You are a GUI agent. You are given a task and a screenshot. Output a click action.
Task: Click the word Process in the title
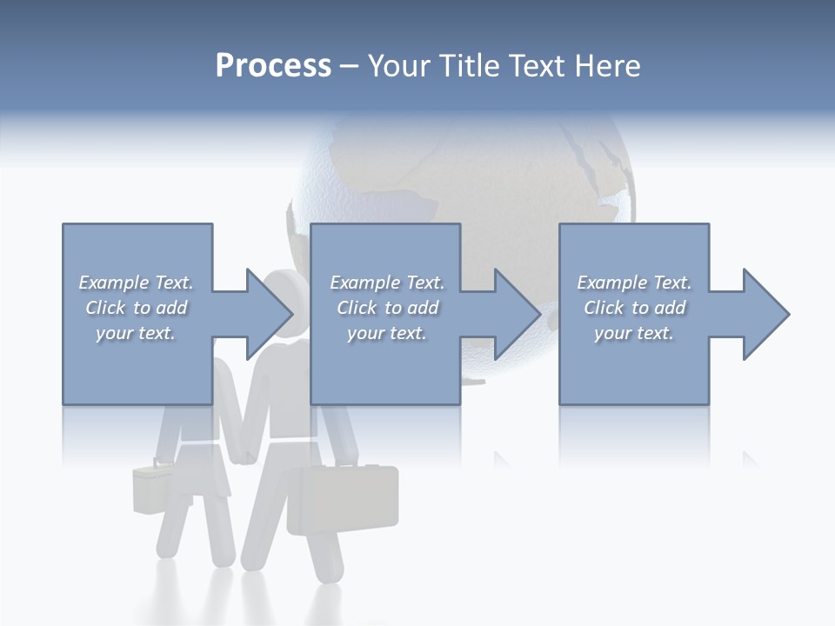click(273, 66)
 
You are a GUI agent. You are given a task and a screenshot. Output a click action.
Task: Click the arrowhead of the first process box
click(269, 314)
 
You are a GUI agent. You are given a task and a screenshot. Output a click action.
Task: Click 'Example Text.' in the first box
click(136, 283)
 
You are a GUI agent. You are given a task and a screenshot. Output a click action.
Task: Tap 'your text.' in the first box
click(136, 333)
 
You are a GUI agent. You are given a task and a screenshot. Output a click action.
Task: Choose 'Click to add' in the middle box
click(387, 308)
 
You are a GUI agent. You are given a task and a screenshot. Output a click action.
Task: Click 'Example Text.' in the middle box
click(387, 283)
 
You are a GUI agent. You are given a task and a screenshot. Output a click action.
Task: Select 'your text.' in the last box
click(634, 333)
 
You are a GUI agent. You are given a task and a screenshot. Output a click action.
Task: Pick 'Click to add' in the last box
click(634, 308)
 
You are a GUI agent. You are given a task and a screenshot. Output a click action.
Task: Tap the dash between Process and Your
click(349, 67)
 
